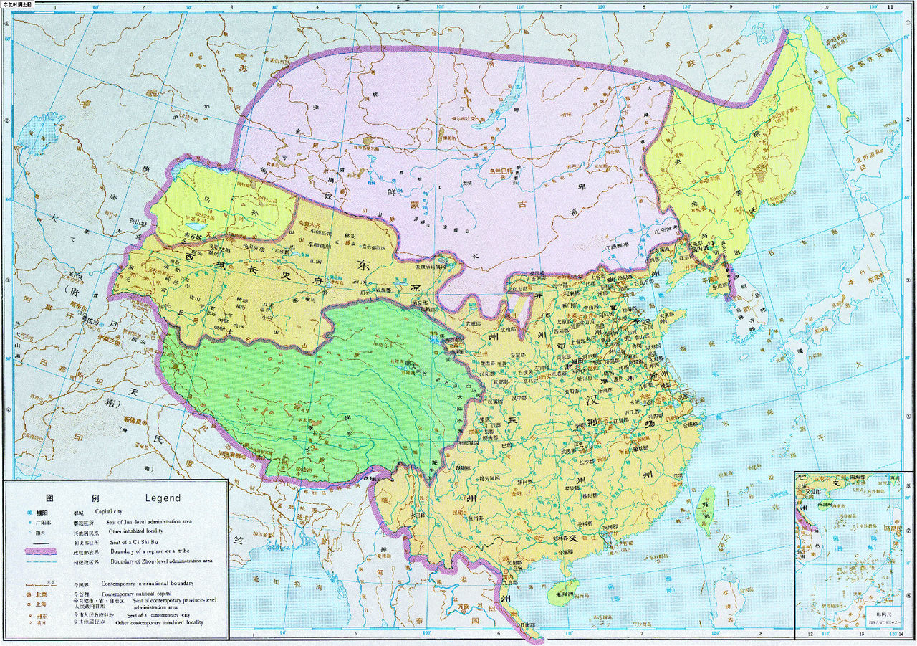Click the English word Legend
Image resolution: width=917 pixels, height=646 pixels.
pos(163,498)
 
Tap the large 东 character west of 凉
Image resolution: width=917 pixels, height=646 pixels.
pos(360,264)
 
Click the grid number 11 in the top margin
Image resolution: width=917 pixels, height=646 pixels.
pos(890,6)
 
